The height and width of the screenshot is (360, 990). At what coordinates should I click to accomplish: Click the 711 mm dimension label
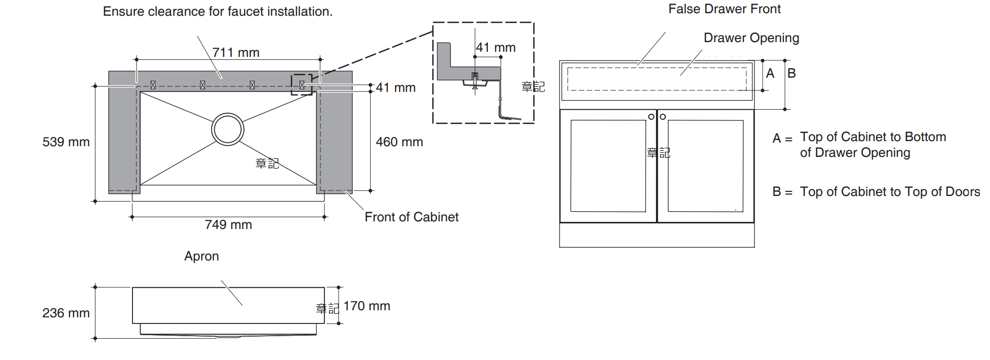point(236,53)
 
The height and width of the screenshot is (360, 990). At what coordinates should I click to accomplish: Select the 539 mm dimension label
point(66,142)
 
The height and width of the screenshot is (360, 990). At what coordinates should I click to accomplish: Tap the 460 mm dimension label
point(399,142)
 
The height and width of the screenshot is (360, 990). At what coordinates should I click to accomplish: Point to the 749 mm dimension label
point(228,225)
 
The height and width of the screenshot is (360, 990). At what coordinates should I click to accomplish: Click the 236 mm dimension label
point(66,313)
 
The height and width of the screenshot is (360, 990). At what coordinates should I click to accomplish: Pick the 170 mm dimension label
point(367,306)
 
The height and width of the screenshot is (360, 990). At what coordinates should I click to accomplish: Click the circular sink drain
point(227,129)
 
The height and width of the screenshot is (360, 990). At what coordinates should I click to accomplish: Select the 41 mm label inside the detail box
point(496,48)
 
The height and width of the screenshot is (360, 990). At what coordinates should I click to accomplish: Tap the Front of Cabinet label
point(411,217)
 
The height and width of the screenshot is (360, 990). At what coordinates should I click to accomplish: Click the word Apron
point(202,256)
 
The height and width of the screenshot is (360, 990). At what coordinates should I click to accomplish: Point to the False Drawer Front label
point(724,9)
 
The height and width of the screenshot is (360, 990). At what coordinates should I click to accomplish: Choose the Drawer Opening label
point(751,38)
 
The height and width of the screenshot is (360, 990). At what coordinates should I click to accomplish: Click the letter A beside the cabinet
point(770,74)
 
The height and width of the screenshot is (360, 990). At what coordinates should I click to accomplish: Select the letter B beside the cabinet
point(791,74)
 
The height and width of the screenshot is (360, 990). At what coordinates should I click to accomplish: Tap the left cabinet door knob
point(651,117)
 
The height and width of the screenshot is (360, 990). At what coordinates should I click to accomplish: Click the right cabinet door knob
point(663,117)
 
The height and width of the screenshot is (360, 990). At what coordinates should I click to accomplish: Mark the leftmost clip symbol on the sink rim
point(153,85)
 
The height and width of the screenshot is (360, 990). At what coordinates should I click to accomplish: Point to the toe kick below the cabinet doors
point(656,235)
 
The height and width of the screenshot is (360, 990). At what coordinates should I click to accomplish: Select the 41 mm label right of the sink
point(395,88)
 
